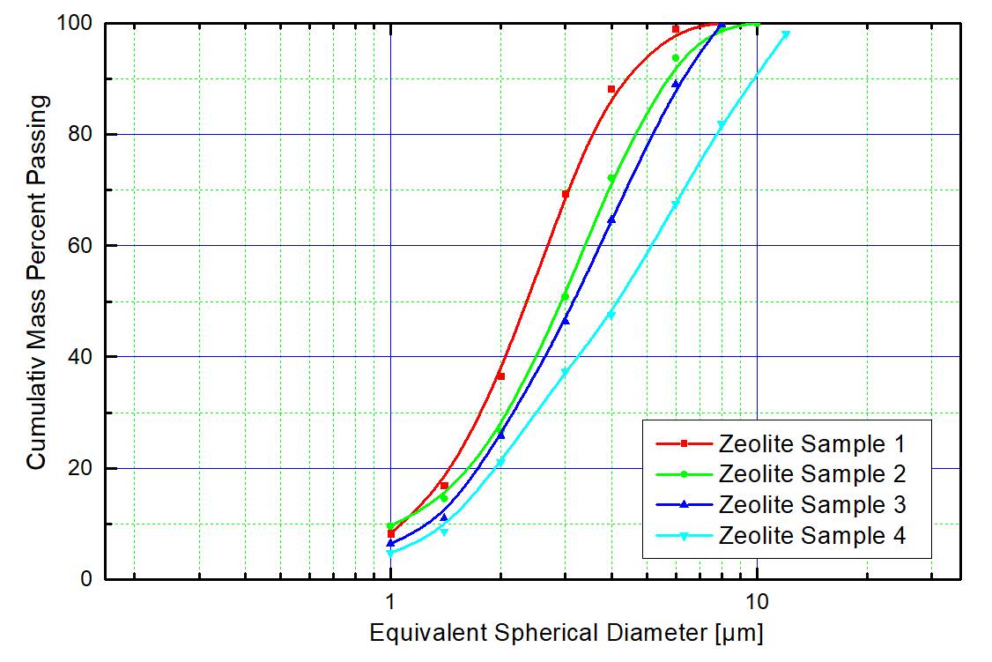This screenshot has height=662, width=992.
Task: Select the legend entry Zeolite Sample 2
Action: pos(811,474)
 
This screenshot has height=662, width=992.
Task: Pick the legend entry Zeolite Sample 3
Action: pos(811,504)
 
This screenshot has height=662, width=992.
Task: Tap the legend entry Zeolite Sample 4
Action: pos(811,535)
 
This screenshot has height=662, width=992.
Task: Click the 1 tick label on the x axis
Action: pos(390,601)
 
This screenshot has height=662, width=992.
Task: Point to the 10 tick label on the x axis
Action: pos(757,601)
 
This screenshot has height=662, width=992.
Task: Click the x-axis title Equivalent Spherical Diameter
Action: pos(566,633)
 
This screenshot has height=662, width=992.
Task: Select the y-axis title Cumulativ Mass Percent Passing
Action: pos(36,281)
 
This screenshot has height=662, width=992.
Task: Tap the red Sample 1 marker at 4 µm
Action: pos(611,89)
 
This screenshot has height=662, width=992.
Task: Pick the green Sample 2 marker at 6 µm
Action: pos(676,58)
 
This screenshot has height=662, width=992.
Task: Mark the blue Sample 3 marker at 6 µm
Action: pos(676,84)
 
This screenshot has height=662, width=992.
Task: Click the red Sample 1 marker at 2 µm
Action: pos(500,376)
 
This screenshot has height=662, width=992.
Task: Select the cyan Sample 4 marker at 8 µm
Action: pos(721,125)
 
